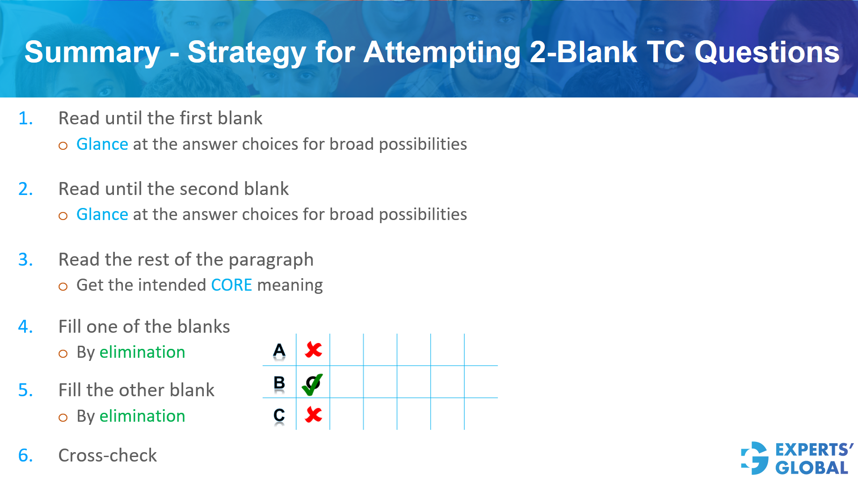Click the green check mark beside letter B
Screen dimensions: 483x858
click(312, 384)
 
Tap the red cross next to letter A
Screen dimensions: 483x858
click(313, 350)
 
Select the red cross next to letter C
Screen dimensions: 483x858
click(313, 415)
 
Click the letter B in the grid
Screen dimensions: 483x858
click(279, 383)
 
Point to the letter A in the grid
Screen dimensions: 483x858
click(279, 351)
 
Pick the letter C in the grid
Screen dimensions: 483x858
click(279, 415)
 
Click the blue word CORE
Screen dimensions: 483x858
click(231, 285)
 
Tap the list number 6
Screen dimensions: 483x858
click(25, 456)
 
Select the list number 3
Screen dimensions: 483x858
click(25, 260)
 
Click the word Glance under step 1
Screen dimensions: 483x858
click(102, 144)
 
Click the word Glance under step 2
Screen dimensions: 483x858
click(102, 215)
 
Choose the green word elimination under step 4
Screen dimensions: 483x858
click(142, 352)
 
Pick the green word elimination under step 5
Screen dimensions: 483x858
click(142, 416)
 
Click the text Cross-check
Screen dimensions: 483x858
click(108, 456)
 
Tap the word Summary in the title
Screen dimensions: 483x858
click(92, 53)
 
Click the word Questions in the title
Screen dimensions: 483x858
click(767, 53)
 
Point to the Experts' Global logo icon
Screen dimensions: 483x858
click(755, 458)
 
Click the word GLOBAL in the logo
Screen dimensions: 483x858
click(812, 468)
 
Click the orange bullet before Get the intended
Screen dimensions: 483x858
click(63, 287)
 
